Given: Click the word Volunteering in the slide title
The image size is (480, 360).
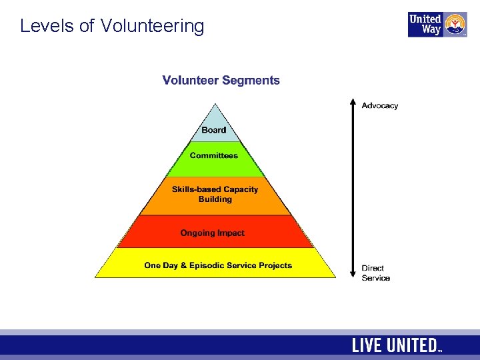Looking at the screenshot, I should (152, 27).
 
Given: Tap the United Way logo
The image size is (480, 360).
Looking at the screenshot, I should (437, 24).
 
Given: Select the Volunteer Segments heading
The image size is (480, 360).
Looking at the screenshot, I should (221, 81).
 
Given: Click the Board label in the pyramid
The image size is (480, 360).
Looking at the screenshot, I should (214, 130).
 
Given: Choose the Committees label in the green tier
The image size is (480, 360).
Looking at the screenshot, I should (214, 155).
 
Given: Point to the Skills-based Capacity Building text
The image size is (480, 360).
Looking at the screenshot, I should (215, 194).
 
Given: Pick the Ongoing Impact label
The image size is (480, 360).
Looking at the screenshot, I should (213, 233).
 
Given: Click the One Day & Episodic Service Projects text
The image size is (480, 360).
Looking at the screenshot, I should (218, 265).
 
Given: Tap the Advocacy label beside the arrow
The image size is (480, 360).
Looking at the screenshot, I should (379, 105).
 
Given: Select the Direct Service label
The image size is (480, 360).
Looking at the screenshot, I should (375, 273).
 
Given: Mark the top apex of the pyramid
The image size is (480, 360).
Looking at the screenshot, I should (215, 104).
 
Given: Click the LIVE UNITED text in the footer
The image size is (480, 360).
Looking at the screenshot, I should (395, 345).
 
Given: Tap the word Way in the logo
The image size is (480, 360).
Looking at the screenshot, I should (431, 29).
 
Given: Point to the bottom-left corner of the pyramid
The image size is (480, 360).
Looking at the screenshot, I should (96, 277).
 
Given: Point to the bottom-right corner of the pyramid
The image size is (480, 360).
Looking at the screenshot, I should (335, 277).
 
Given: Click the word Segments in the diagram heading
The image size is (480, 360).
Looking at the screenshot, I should (251, 81).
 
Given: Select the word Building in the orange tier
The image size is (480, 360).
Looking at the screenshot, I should (215, 199).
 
